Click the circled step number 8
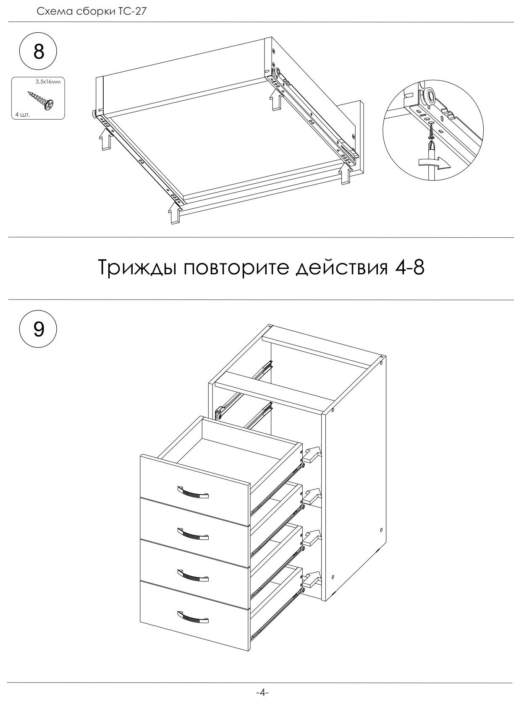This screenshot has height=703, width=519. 38,52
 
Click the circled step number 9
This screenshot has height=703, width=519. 38,329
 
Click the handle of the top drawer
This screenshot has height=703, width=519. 193,492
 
